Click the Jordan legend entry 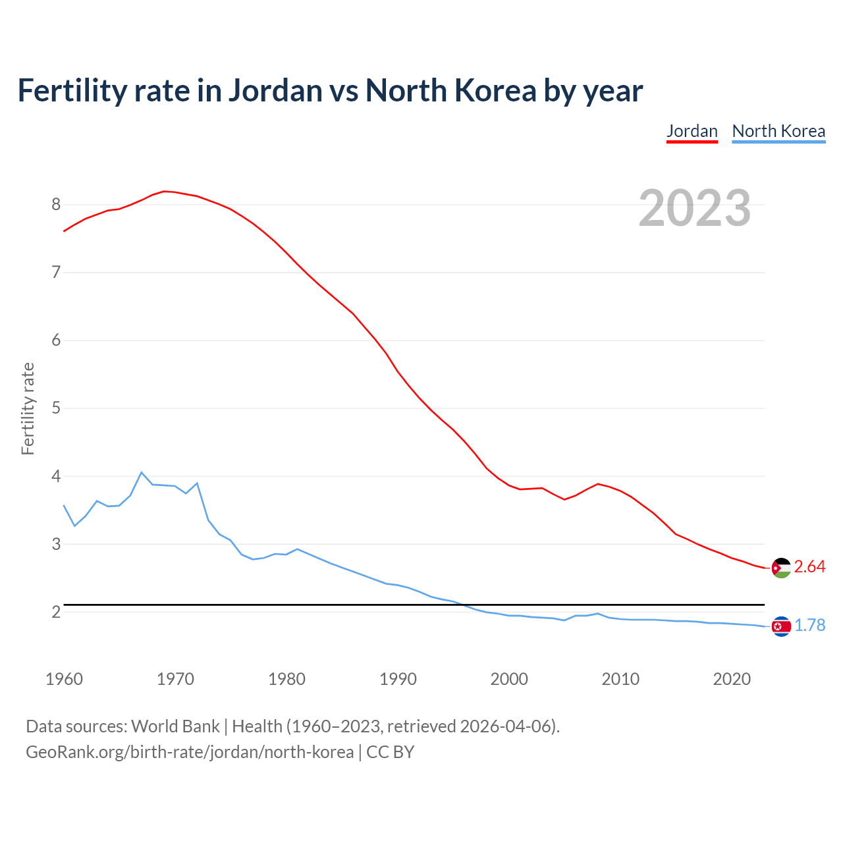click(x=692, y=131)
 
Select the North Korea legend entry click(x=778, y=131)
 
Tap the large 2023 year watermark click(x=695, y=208)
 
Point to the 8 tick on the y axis click(x=56, y=205)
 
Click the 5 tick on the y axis click(x=56, y=408)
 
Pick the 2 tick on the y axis click(x=56, y=612)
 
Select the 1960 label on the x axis click(x=64, y=679)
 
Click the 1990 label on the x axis click(x=398, y=679)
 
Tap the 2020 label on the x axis click(x=732, y=679)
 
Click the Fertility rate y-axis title click(x=28, y=408)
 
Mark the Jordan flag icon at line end click(x=781, y=568)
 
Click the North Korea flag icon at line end click(x=781, y=626)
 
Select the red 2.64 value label click(x=809, y=567)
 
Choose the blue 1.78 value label click(x=809, y=626)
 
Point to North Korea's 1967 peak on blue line click(x=142, y=472)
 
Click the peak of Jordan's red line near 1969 click(x=164, y=191)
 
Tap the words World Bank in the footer click(x=175, y=726)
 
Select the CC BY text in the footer click(x=390, y=752)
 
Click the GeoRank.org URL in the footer click(x=190, y=752)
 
